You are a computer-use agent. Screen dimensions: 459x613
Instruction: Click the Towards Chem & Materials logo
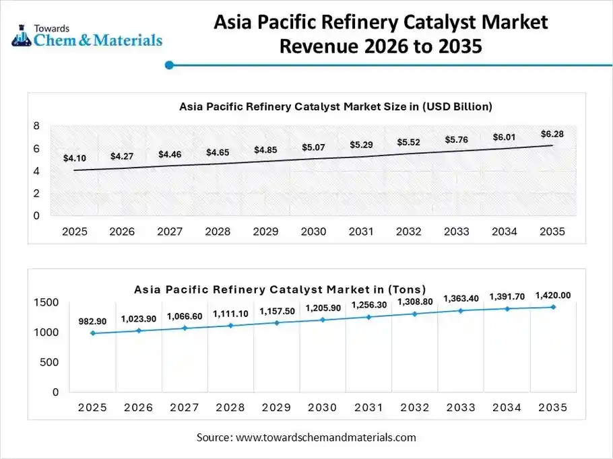pyautogui.click(x=87, y=35)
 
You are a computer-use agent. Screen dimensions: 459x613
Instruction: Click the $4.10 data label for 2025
pyautogui.click(x=74, y=158)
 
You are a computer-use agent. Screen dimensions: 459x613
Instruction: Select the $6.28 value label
pyautogui.click(x=552, y=134)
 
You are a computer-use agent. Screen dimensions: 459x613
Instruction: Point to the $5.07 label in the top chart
pyautogui.click(x=313, y=147)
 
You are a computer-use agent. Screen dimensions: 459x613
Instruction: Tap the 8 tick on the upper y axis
pyautogui.click(x=36, y=126)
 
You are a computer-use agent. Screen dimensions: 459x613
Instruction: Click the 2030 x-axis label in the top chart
pyautogui.click(x=313, y=232)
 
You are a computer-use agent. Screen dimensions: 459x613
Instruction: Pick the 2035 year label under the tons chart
pyautogui.click(x=553, y=408)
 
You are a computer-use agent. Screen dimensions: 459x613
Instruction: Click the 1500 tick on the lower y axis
pyautogui.click(x=46, y=303)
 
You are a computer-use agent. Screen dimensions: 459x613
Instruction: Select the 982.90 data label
pyautogui.click(x=93, y=322)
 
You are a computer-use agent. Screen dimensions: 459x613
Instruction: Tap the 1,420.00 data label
pyautogui.click(x=553, y=295)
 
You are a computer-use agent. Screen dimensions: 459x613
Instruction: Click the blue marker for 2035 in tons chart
pyautogui.click(x=553, y=307)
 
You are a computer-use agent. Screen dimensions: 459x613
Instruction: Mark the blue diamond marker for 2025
pyautogui.click(x=92, y=333)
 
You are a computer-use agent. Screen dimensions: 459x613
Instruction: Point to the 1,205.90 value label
pyautogui.click(x=323, y=308)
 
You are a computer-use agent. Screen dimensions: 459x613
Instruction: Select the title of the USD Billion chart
pyautogui.click(x=335, y=106)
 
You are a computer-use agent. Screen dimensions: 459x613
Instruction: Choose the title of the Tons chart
pyautogui.click(x=280, y=289)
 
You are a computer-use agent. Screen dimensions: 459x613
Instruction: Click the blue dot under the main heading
pyautogui.click(x=169, y=65)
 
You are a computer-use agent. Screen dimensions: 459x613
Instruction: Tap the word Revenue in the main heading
pyautogui.click(x=322, y=47)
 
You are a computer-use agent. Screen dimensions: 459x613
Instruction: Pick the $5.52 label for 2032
pyautogui.click(x=408, y=142)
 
